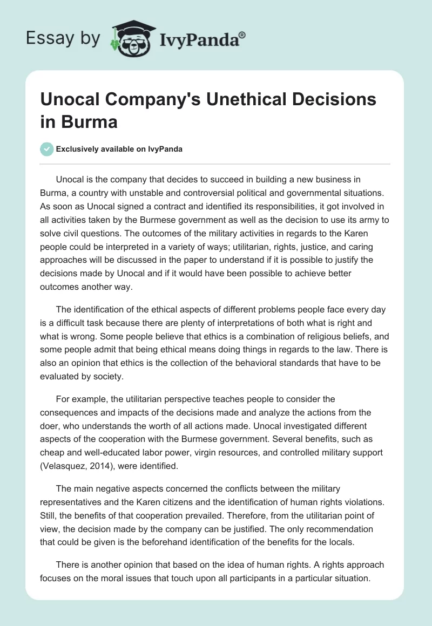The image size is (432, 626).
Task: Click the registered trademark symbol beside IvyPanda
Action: pos(242,35)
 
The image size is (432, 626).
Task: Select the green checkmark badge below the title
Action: pos(47,149)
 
